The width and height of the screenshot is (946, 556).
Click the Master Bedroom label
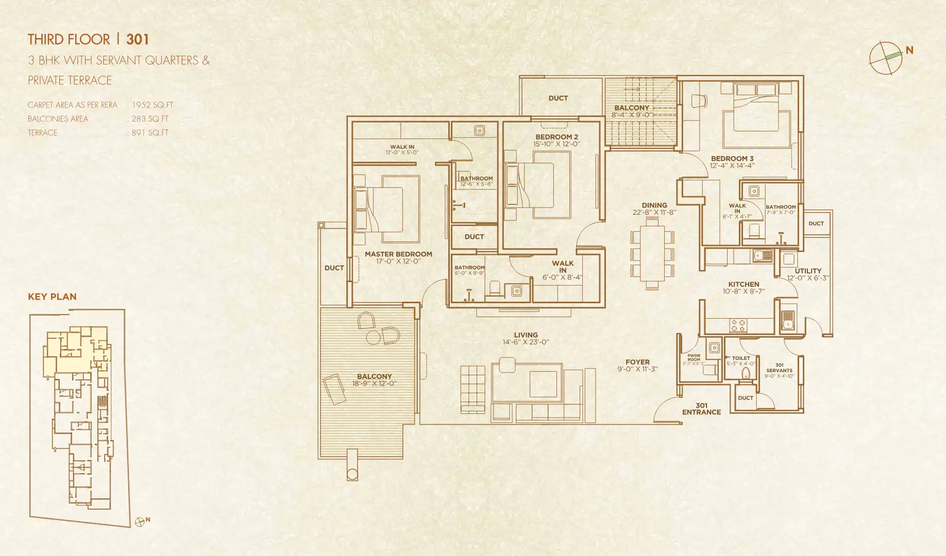click(398, 254)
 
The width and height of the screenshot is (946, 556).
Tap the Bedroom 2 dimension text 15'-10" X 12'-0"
click(556, 144)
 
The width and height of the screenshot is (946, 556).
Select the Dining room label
click(654, 205)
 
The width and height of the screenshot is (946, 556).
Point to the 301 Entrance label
click(701, 409)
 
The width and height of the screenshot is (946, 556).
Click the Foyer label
click(637, 362)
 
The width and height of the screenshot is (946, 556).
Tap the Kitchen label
click(744, 284)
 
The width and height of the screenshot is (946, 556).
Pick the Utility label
click(808, 271)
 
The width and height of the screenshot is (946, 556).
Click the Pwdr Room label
click(694, 357)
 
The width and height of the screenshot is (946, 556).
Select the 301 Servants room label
click(779, 368)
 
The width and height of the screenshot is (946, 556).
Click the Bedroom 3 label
click(732, 159)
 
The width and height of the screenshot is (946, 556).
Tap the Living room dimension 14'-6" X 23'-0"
click(526, 342)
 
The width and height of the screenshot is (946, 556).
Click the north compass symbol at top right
click(886, 58)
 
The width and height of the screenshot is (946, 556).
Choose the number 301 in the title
click(138, 40)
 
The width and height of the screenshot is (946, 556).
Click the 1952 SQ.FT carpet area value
click(153, 105)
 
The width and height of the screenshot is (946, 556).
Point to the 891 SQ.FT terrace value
click(150, 133)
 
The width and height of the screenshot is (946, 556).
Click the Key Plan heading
click(52, 297)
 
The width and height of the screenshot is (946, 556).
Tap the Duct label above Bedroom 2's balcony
click(558, 98)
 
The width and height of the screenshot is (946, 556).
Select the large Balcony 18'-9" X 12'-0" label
click(375, 379)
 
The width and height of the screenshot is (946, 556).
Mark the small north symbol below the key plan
click(140, 522)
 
